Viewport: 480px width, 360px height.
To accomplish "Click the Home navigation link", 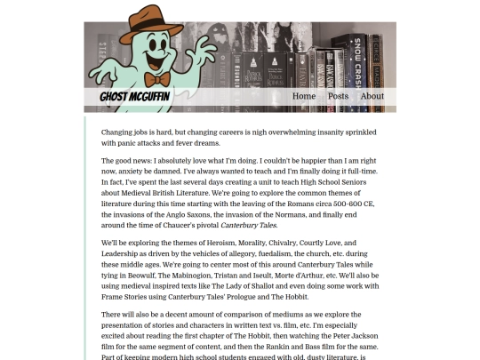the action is click(x=304, y=96).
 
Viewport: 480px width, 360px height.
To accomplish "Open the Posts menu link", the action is click(x=338, y=96).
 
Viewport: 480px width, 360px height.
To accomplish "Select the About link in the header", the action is click(x=372, y=96).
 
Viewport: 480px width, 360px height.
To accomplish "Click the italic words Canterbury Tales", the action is click(x=250, y=225).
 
